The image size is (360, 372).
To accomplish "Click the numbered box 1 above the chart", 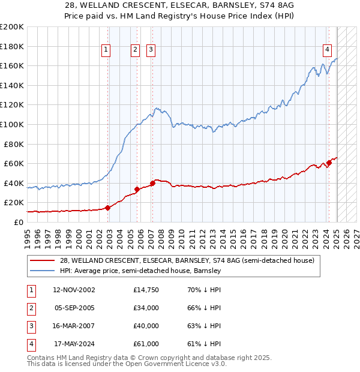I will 106,50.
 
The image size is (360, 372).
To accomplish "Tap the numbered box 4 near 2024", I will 328,50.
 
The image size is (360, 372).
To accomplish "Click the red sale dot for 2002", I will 108,208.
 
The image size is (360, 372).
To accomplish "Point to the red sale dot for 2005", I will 137,189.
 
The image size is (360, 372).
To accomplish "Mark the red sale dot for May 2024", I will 329,163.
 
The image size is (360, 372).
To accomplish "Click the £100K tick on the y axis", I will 12,124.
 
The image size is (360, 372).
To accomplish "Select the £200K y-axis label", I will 12,27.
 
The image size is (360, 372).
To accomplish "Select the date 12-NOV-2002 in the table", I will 74,290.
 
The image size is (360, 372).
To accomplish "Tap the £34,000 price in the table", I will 146,308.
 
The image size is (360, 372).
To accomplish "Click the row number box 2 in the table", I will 30,308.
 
